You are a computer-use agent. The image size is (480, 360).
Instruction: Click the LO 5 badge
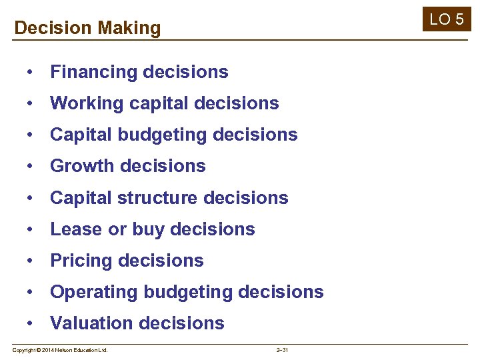[x=447, y=19]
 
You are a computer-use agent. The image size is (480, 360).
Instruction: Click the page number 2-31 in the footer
[x=281, y=350]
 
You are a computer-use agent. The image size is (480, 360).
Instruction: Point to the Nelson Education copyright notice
[x=60, y=350]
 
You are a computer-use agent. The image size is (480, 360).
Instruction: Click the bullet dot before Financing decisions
[x=31, y=72]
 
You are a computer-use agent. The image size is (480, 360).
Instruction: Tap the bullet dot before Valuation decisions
[x=31, y=323]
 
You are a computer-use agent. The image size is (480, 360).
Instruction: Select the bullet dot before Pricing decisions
[x=31, y=261]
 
